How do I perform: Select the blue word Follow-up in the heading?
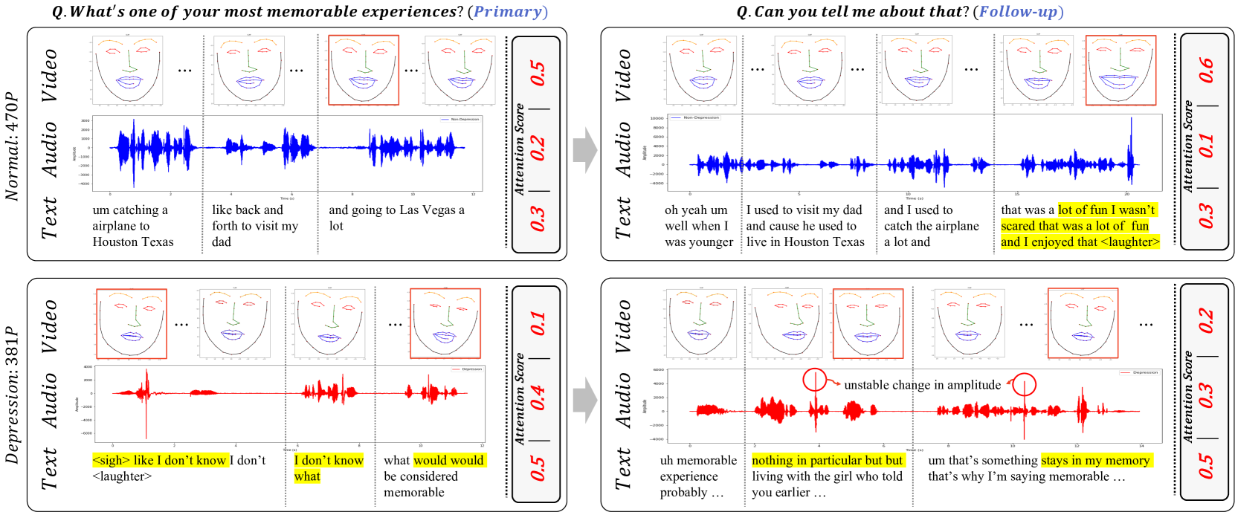[x=1021, y=12]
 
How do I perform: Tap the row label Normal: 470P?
[x=11, y=146]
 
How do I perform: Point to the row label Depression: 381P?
[x=11, y=395]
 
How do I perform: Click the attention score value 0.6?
[x=1205, y=71]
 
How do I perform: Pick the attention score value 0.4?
[x=537, y=398]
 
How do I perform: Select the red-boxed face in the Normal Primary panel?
[x=364, y=70]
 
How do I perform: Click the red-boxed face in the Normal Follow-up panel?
[x=1120, y=71]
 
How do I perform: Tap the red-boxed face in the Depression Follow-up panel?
[x=868, y=323]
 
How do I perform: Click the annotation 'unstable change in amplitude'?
[x=922, y=385]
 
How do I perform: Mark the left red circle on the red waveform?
[x=815, y=380]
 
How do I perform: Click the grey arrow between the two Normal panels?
[x=585, y=149]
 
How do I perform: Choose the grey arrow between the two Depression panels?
[x=585, y=400]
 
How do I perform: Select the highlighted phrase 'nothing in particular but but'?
[x=827, y=461]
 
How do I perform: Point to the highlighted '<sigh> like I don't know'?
[x=159, y=461]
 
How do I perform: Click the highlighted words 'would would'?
[x=448, y=461]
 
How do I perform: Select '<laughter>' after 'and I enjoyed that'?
[x=1129, y=242]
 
